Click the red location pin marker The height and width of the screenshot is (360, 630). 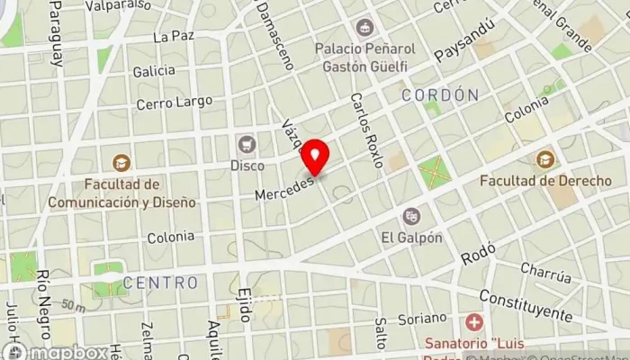[314, 157]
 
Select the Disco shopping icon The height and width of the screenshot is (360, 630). [246, 144]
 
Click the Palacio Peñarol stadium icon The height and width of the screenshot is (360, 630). [364, 28]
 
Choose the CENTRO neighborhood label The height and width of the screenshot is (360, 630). [160, 283]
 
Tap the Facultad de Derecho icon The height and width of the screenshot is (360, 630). [544, 160]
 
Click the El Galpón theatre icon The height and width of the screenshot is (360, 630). [411, 216]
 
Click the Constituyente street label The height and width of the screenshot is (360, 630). [526, 305]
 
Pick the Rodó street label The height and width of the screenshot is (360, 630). [472, 256]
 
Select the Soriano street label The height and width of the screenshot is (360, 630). [423, 318]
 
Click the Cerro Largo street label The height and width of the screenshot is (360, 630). [166, 103]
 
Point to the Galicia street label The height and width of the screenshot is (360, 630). [154, 70]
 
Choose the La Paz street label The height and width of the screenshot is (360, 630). [175, 37]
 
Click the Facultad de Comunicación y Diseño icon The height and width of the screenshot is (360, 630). [121, 163]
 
